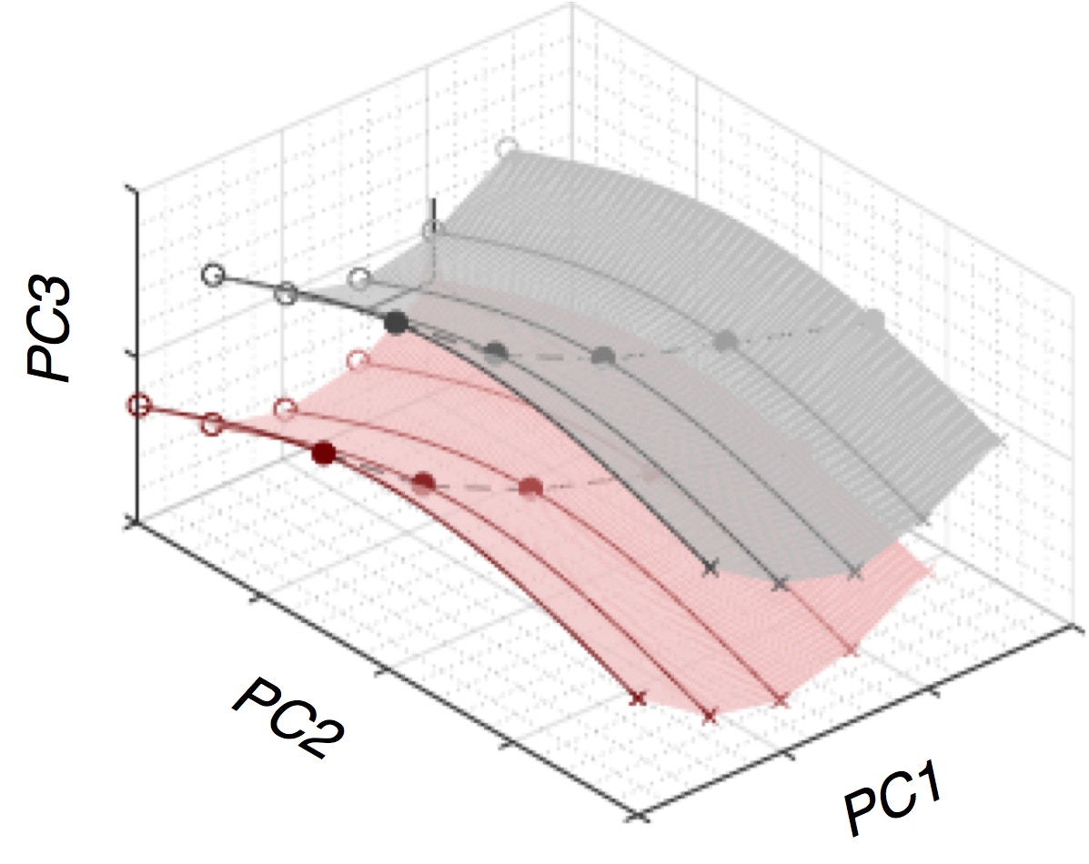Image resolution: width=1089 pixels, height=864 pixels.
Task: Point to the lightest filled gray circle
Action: click(x=872, y=319)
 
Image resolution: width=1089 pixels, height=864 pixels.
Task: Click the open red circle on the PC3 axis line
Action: click(x=138, y=405)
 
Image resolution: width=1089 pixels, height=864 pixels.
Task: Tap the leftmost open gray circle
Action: click(x=213, y=274)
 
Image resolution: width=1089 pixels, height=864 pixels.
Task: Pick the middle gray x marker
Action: click(x=780, y=583)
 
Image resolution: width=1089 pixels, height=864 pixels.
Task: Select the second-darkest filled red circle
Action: click(x=423, y=482)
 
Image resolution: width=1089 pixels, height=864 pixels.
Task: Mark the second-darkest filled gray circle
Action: click(x=495, y=351)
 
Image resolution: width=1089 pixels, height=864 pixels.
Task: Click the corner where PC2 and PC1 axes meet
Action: click(x=642, y=814)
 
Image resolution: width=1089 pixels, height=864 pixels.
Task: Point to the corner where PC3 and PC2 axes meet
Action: click(x=136, y=521)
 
